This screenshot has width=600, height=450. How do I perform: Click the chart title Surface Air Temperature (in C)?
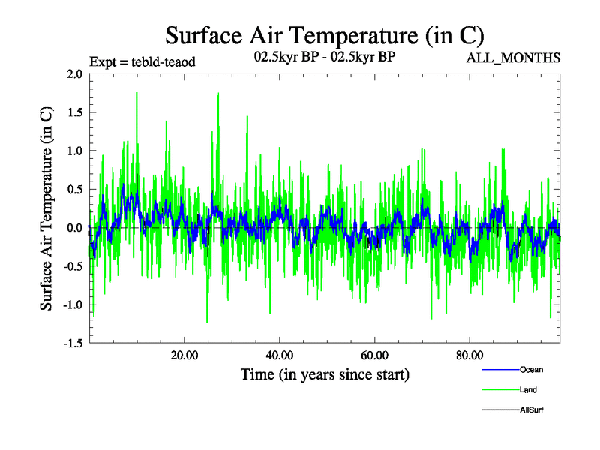pos(325,35)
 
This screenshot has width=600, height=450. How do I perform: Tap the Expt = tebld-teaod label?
pos(142,61)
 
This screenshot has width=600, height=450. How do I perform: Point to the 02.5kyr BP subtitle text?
pos(325,57)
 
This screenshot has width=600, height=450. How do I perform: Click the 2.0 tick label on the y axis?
pos(74,73)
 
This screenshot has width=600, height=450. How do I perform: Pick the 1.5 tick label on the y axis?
pos(74,112)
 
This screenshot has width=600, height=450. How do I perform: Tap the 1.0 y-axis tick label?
pos(74,151)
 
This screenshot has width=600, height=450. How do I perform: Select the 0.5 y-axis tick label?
pos(74,189)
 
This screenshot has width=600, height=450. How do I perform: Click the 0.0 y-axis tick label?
pos(74,227)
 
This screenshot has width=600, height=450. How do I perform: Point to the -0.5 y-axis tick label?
pos(72,266)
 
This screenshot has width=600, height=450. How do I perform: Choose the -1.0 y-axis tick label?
pos(72,304)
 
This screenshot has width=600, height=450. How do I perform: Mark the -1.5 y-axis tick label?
pos(72,343)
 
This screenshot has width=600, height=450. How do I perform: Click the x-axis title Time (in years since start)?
pos(325,373)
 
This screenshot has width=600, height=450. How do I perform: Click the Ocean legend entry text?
pos(531,369)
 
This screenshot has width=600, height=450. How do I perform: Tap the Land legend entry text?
pos(528,389)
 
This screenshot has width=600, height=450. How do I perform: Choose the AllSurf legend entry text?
pos(531,409)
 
